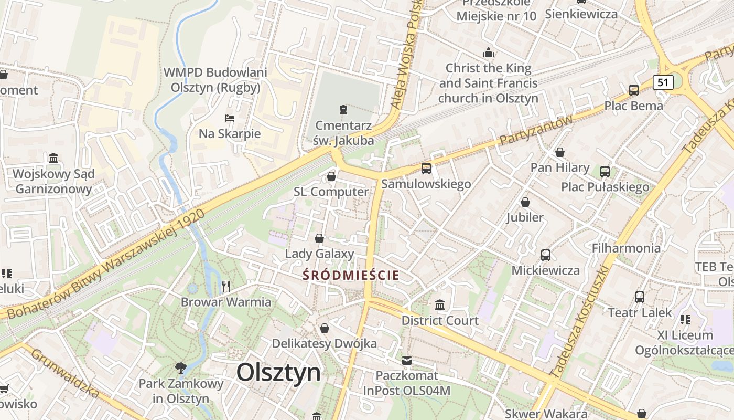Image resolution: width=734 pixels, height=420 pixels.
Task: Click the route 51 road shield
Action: [663, 82]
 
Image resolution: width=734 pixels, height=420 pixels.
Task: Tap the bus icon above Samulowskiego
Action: [426, 169]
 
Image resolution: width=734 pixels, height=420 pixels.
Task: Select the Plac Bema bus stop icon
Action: [633, 90]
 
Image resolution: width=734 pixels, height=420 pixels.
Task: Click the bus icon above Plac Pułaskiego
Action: [605, 171]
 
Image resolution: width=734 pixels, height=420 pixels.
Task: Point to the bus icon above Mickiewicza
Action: [546, 255]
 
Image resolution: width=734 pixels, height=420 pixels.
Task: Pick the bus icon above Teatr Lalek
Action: [640, 297]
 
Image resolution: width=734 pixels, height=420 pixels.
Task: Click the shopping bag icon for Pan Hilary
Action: [560, 152]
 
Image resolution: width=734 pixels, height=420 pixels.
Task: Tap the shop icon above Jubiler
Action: [525, 202]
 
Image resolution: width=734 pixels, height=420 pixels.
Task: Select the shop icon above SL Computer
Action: [331, 176]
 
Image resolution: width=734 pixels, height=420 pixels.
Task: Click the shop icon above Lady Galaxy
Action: [319, 239]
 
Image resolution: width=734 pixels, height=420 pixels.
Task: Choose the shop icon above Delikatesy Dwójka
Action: [325, 328]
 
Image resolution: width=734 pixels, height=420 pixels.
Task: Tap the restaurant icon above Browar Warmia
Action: [226, 286]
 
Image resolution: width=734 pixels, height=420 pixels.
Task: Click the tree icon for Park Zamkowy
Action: [181, 367]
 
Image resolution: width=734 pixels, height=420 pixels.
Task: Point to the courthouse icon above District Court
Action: [440, 304]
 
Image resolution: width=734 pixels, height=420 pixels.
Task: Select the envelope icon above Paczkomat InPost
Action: [407, 361]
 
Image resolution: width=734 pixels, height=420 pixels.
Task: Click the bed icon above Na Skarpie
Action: [229, 118]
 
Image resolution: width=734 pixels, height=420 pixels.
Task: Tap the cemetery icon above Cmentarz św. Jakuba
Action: [343, 109]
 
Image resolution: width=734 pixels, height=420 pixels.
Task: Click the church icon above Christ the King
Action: [489, 52]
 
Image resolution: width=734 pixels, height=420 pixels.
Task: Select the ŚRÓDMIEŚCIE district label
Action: [351, 275]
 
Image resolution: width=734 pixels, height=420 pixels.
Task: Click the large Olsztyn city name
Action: [278, 373]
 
